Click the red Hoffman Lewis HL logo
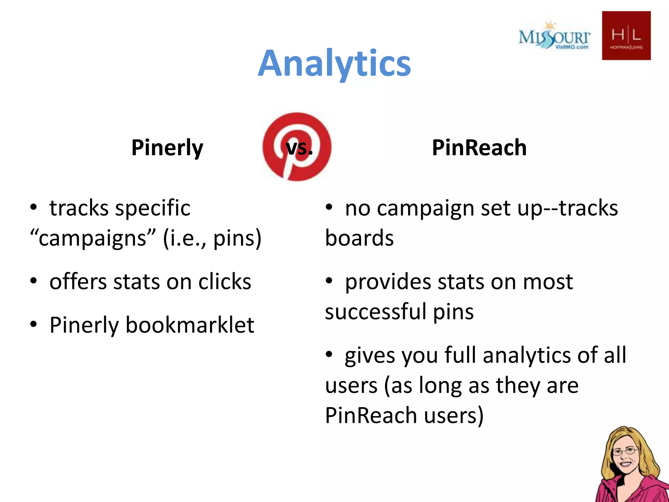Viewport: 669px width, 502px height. (626, 36)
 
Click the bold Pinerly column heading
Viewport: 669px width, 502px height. (167, 148)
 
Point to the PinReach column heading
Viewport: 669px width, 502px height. (479, 148)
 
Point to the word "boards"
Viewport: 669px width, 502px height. (359, 238)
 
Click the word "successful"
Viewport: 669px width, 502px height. (375, 311)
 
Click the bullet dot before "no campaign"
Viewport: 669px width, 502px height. (329, 207)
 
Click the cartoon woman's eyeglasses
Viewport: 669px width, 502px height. (625, 452)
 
